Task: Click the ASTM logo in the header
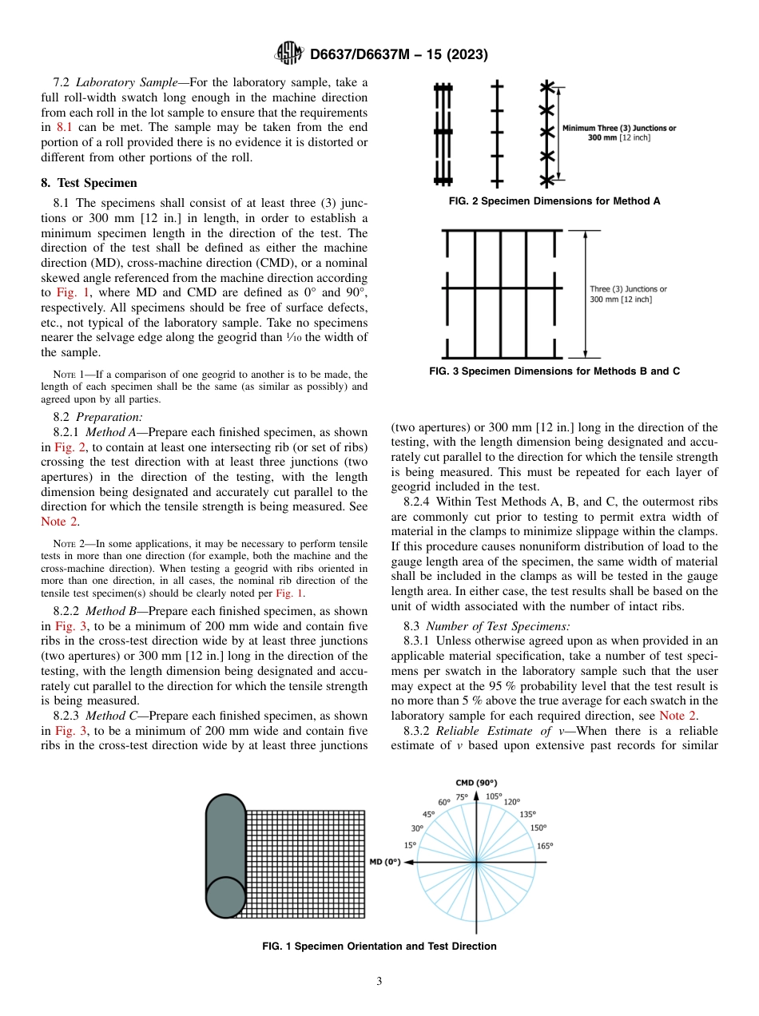pyautogui.click(x=288, y=54)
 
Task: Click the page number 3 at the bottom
pyautogui.click(x=379, y=982)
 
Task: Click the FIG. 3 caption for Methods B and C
pyautogui.click(x=554, y=371)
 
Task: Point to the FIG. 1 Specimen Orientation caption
pyautogui.click(x=379, y=947)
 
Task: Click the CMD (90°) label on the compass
pyautogui.click(x=476, y=783)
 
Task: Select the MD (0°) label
pyautogui.click(x=384, y=862)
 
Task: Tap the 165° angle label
pyautogui.click(x=545, y=845)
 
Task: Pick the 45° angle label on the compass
pyautogui.click(x=429, y=814)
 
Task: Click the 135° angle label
pyautogui.click(x=527, y=814)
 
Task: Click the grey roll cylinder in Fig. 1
pyautogui.click(x=225, y=855)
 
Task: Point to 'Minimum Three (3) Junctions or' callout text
pyautogui.click(x=618, y=128)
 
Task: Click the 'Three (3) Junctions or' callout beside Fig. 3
pyautogui.click(x=628, y=289)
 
